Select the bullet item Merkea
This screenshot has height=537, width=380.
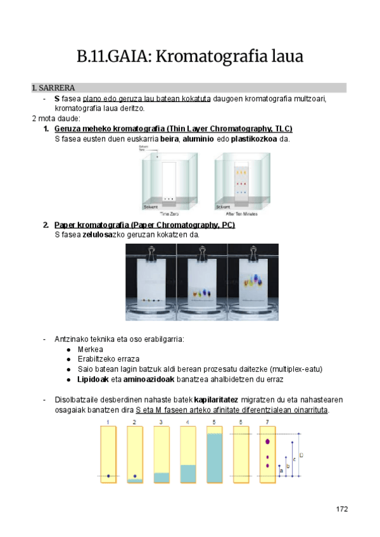(91, 349)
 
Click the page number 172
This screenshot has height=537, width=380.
(342, 509)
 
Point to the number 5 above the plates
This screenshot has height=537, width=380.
(214, 422)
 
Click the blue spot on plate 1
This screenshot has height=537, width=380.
(108, 476)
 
